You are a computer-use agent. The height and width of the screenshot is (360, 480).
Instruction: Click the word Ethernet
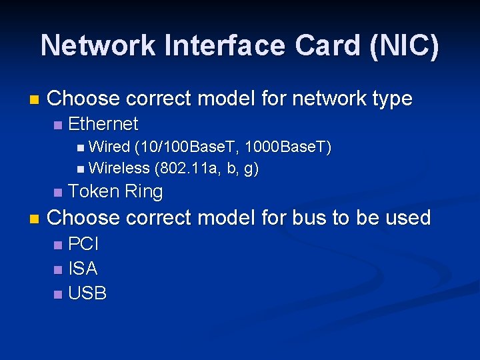click(x=103, y=124)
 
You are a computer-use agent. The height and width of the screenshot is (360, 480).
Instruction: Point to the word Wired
click(x=109, y=147)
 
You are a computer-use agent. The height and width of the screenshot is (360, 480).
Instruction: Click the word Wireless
click(x=119, y=169)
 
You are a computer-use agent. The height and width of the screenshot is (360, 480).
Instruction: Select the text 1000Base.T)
click(x=288, y=147)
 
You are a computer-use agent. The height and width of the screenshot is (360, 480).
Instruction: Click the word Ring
click(x=143, y=192)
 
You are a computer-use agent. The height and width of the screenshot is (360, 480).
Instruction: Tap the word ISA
click(x=83, y=269)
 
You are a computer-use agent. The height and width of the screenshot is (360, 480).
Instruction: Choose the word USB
click(x=87, y=293)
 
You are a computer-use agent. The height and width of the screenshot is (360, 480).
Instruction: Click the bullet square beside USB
click(x=58, y=294)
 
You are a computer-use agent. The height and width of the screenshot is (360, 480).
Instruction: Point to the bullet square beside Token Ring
click(x=58, y=193)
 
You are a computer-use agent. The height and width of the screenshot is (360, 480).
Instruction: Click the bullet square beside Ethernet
click(x=58, y=125)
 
